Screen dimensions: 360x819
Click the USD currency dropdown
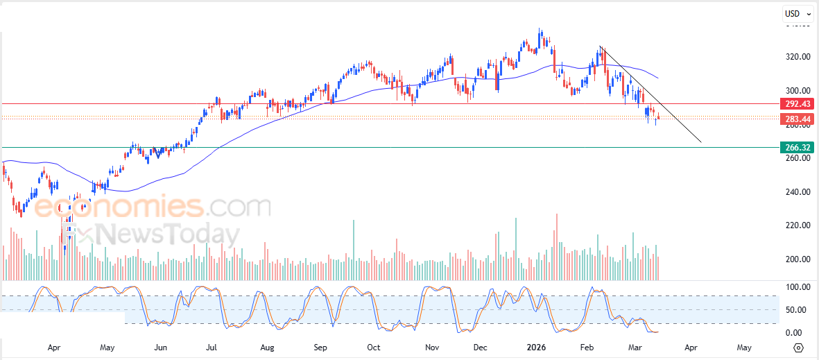(x=798, y=13)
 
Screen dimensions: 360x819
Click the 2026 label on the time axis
(x=536, y=347)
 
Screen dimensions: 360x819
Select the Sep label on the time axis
(x=320, y=347)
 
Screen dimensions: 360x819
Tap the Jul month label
(x=212, y=347)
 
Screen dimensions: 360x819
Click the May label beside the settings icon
(x=744, y=347)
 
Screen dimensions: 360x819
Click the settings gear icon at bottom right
(x=798, y=348)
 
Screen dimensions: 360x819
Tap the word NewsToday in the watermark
(x=166, y=234)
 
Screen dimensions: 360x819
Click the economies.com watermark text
(x=153, y=207)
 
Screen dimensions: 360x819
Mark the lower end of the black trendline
(x=701, y=143)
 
